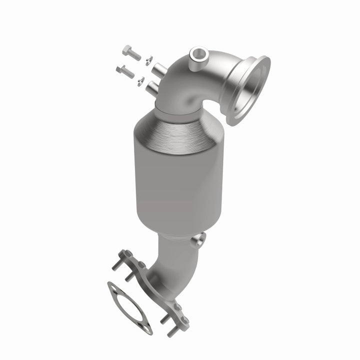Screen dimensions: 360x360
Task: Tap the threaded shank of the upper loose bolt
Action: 136,55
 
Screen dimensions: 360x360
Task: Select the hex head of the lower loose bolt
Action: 121,68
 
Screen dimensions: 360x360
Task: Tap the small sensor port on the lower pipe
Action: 200,239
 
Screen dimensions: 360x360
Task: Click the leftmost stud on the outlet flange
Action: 115,266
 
